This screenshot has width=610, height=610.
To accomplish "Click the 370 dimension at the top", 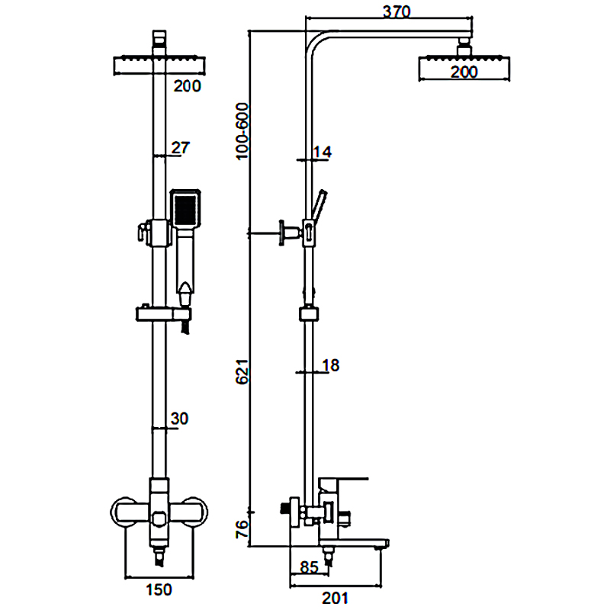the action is pos(396,11).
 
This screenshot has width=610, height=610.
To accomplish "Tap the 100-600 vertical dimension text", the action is pos(242,131).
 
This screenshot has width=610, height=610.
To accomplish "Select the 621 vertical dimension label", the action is pos(242,371).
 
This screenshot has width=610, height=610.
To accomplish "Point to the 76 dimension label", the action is pos(242,529).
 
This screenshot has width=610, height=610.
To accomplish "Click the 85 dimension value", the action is pos(310,567).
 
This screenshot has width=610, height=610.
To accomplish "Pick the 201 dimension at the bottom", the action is pos(335,598).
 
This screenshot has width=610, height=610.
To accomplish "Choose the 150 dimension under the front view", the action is pos(159,589).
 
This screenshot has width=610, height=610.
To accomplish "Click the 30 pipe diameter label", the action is pos(179,419).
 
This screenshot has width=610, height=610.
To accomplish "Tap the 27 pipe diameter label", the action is pos(181,148).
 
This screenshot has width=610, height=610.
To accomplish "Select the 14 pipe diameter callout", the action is pos(323,152).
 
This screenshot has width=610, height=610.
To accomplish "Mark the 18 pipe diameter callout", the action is pos(331,365).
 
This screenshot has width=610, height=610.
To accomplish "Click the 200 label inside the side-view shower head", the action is pos(464,72).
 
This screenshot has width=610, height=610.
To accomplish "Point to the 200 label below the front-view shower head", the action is pos(187,86).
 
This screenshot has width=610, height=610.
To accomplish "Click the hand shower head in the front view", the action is pos(185,209).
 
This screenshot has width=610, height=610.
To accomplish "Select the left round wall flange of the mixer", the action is pos(124,512).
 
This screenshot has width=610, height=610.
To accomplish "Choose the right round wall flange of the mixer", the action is pos(196,512).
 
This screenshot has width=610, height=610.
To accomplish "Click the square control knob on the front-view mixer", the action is pos(159,518).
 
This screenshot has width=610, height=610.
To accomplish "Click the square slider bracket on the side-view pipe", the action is pos(309,314).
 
